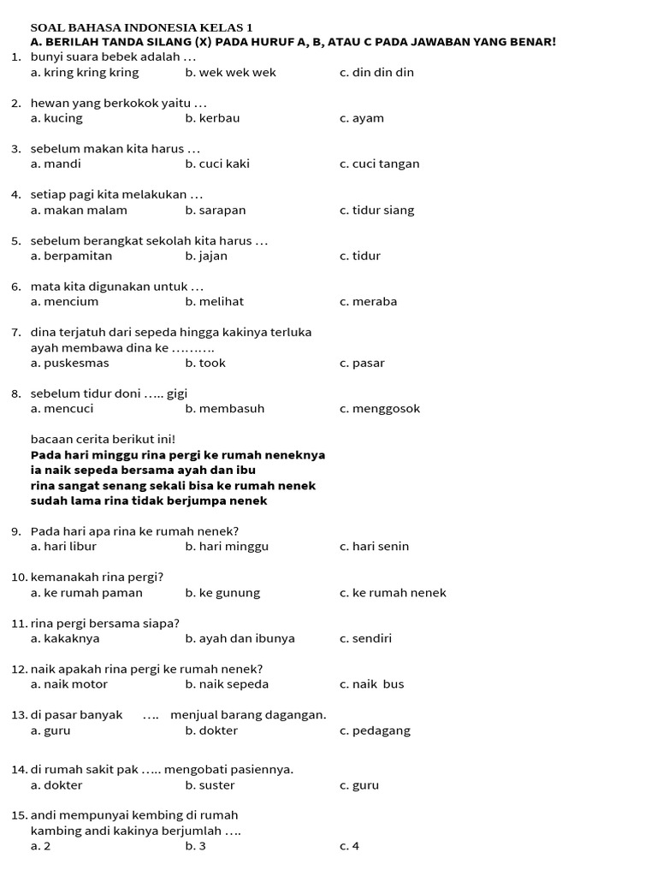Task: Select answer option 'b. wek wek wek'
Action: click(x=230, y=73)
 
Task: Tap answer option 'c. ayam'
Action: click(x=362, y=118)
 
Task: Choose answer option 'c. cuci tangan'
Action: click(x=379, y=164)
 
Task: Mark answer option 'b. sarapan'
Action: click(x=216, y=210)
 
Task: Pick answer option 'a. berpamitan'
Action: click(x=71, y=256)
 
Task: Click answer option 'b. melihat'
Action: click(x=215, y=302)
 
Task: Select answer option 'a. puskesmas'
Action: click(x=70, y=364)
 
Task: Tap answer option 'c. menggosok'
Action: click(x=380, y=409)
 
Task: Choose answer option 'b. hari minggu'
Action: click(x=227, y=547)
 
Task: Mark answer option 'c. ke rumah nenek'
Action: click(x=393, y=593)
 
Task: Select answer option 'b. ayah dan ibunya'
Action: click(x=240, y=639)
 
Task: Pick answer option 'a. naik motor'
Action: click(x=69, y=684)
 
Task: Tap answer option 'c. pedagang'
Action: click(x=375, y=731)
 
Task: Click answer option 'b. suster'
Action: click(x=210, y=785)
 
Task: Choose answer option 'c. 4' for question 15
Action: click(x=349, y=847)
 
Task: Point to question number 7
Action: click(x=16, y=332)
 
